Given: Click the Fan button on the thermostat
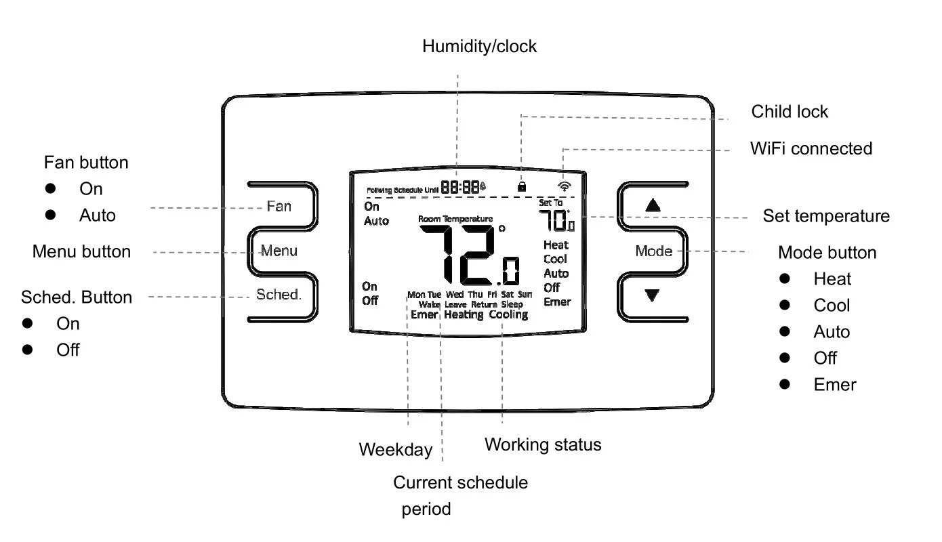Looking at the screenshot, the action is pyautogui.click(x=279, y=205).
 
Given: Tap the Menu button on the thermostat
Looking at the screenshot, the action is pyautogui.click(x=279, y=251).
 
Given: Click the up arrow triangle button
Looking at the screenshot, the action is pyautogui.click(x=653, y=205).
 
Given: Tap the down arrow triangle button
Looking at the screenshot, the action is pyautogui.click(x=653, y=295).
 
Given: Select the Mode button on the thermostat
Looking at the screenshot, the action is pyautogui.click(x=654, y=251).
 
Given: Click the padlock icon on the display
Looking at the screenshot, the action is pyautogui.click(x=521, y=186).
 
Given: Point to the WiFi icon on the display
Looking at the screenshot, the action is pyautogui.click(x=565, y=186).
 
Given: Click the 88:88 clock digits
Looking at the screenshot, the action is pyautogui.click(x=460, y=187).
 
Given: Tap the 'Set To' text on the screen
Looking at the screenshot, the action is pyautogui.click(x=550, y=203).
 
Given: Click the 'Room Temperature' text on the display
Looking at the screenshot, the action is pyautogui.click(x=455, y=219).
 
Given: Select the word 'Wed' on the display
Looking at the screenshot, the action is pyautogui.click(x=455, y=295).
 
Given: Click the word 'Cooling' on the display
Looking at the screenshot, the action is pyautogui.click(x=508, y=315).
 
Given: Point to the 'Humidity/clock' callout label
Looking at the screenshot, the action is pyautogui.click(x=479, y=46).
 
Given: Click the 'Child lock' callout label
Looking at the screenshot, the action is pyautogui.click(x=790, y=111).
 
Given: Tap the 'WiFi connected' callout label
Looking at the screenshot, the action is pyautogui.click(x=811, y=148).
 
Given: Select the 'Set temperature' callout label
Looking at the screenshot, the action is pyautogui.click(x=826, y=216).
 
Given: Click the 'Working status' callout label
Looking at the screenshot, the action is pyautogui.click(x=543, y=444).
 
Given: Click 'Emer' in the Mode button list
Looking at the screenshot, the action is pyautogui.click(x=835, y=385).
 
